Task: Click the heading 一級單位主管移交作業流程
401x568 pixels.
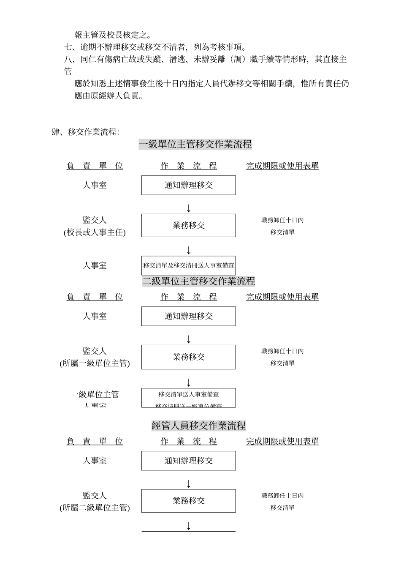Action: (x=195, y=145)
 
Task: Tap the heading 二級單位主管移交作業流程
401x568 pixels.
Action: (x=198, y=281)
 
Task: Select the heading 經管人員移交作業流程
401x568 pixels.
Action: (x=198, y=426)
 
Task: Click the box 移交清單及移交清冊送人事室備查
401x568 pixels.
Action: (x=188, y=265)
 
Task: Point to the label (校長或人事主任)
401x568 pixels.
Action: (x=95, y=232)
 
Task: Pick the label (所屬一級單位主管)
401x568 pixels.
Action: (x=95, y=363)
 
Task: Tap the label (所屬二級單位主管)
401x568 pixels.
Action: (x=95, y=508)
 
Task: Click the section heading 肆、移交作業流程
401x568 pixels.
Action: (x=85, y=132)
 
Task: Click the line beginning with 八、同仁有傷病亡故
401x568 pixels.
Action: (x=205, y=59)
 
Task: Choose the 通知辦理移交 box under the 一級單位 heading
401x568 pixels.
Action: (x=188, y=185)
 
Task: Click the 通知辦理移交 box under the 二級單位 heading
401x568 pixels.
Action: (x=188, y=316)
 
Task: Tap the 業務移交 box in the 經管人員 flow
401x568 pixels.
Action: (x=188, y=501)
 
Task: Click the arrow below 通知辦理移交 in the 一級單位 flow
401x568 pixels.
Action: (x=189, y=208)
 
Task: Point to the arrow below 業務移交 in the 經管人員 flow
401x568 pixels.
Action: (x=189, y=526)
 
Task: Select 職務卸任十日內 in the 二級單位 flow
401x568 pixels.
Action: (x=282, y=351)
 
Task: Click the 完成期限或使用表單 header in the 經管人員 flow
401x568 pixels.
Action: (x=282, y=441)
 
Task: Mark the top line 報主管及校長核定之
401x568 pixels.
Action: (x=113, y=35)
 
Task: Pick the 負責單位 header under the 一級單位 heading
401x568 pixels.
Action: (x=95, y=166)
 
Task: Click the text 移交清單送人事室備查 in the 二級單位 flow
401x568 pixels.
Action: (x=188, y=394)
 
